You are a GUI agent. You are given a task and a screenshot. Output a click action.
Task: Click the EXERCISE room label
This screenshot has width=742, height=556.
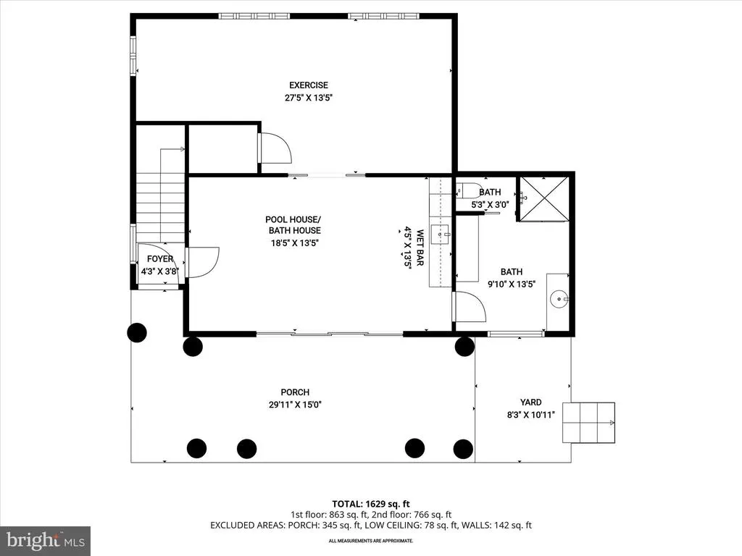coord(309,85)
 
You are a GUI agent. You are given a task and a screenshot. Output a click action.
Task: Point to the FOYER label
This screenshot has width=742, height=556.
coord(160,258)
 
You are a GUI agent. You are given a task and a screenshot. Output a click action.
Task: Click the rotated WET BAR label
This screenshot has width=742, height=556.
coord(420,248)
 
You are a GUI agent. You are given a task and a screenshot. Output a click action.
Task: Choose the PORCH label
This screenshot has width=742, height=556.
coord(295,392)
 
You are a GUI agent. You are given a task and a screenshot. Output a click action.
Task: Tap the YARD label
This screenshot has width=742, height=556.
coord(530,402)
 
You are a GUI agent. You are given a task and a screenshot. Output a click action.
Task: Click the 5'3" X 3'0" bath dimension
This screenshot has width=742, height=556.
coord(490,205)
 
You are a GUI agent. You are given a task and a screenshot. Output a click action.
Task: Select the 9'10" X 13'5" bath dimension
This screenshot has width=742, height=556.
coord(512,284)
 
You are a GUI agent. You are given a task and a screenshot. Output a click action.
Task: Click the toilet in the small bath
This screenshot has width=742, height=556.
coord(469,190)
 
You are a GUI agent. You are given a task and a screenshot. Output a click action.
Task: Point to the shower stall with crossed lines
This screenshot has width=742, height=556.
coord(544,198)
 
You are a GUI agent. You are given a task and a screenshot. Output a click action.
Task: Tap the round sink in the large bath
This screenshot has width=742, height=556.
coord(559,299)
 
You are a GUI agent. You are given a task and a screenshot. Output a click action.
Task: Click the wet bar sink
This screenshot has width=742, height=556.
coord(441,234)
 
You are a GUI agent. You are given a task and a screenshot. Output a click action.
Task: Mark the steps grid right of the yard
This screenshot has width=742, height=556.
coord(588,423)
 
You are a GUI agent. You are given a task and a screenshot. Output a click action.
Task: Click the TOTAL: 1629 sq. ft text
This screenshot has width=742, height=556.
coord(370,504)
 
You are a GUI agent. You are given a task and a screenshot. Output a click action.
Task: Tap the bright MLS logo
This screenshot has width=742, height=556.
coord(46,541)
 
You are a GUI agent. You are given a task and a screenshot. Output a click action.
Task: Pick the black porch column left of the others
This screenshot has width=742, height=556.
coord(137,333)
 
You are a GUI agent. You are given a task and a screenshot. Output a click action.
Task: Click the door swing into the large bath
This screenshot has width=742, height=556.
coord(470,307)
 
